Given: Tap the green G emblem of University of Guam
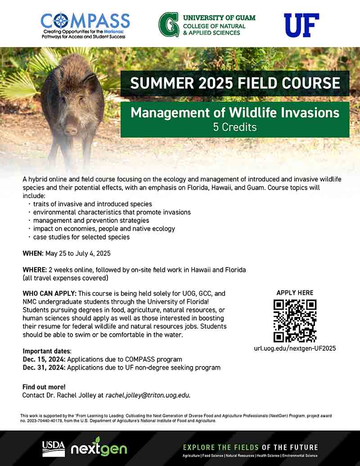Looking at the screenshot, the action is pos(169,25).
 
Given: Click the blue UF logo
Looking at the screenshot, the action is pos(301,25).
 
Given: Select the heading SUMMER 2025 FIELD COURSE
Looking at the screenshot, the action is pos(235,83).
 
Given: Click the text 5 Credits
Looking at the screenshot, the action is pos(234,127).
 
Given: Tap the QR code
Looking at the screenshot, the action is pos(295,321).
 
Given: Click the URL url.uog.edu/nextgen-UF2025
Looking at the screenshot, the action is pos(295,348).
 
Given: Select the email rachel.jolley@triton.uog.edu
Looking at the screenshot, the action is pos(148,395).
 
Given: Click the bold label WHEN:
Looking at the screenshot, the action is pos(33,253).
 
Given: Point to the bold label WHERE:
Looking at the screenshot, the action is pos(35,270).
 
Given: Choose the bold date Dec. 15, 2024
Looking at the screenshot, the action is pos(44,359).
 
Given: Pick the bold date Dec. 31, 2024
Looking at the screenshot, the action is pos(44,368).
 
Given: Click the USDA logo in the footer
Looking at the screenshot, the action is pos(54,449).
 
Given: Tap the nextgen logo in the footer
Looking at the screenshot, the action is pos(99,447).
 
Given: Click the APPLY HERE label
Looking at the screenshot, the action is pos(295,293).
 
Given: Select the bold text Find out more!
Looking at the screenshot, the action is pos(44,387).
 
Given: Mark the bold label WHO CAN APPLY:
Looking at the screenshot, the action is pos(49,294).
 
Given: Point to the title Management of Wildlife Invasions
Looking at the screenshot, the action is pos(235,113).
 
